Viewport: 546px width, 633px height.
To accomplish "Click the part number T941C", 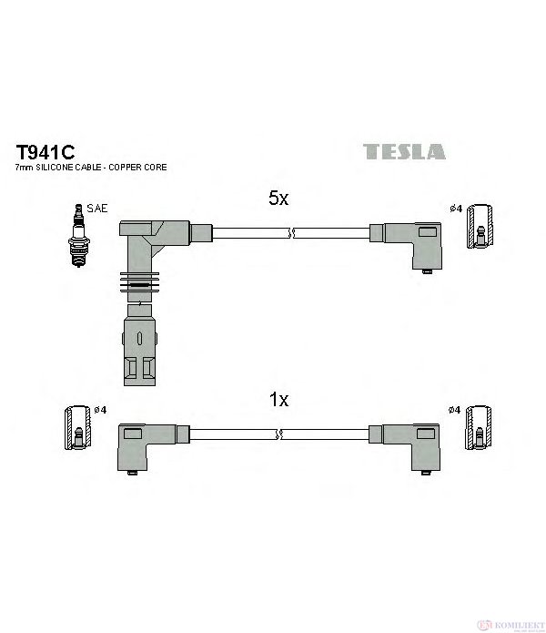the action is (x=45, y=152).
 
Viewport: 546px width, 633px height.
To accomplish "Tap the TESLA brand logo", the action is (x=404, y=151).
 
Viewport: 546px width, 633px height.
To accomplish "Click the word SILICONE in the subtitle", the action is (x=68, y=168).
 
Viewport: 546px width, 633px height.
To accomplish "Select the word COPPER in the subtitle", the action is (x=125, y=168).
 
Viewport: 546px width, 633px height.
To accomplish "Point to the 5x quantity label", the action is (x=278, y=198).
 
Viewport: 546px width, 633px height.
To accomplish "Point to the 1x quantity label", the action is (x=278, y=399).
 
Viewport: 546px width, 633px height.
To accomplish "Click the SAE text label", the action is (x=97, y=209).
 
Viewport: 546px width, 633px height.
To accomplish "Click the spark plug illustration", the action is (x=78, y=235).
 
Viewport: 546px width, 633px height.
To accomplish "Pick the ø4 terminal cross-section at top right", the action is (x=480, y=226).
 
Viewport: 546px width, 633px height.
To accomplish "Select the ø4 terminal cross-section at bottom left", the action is (x=78, y=427).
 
